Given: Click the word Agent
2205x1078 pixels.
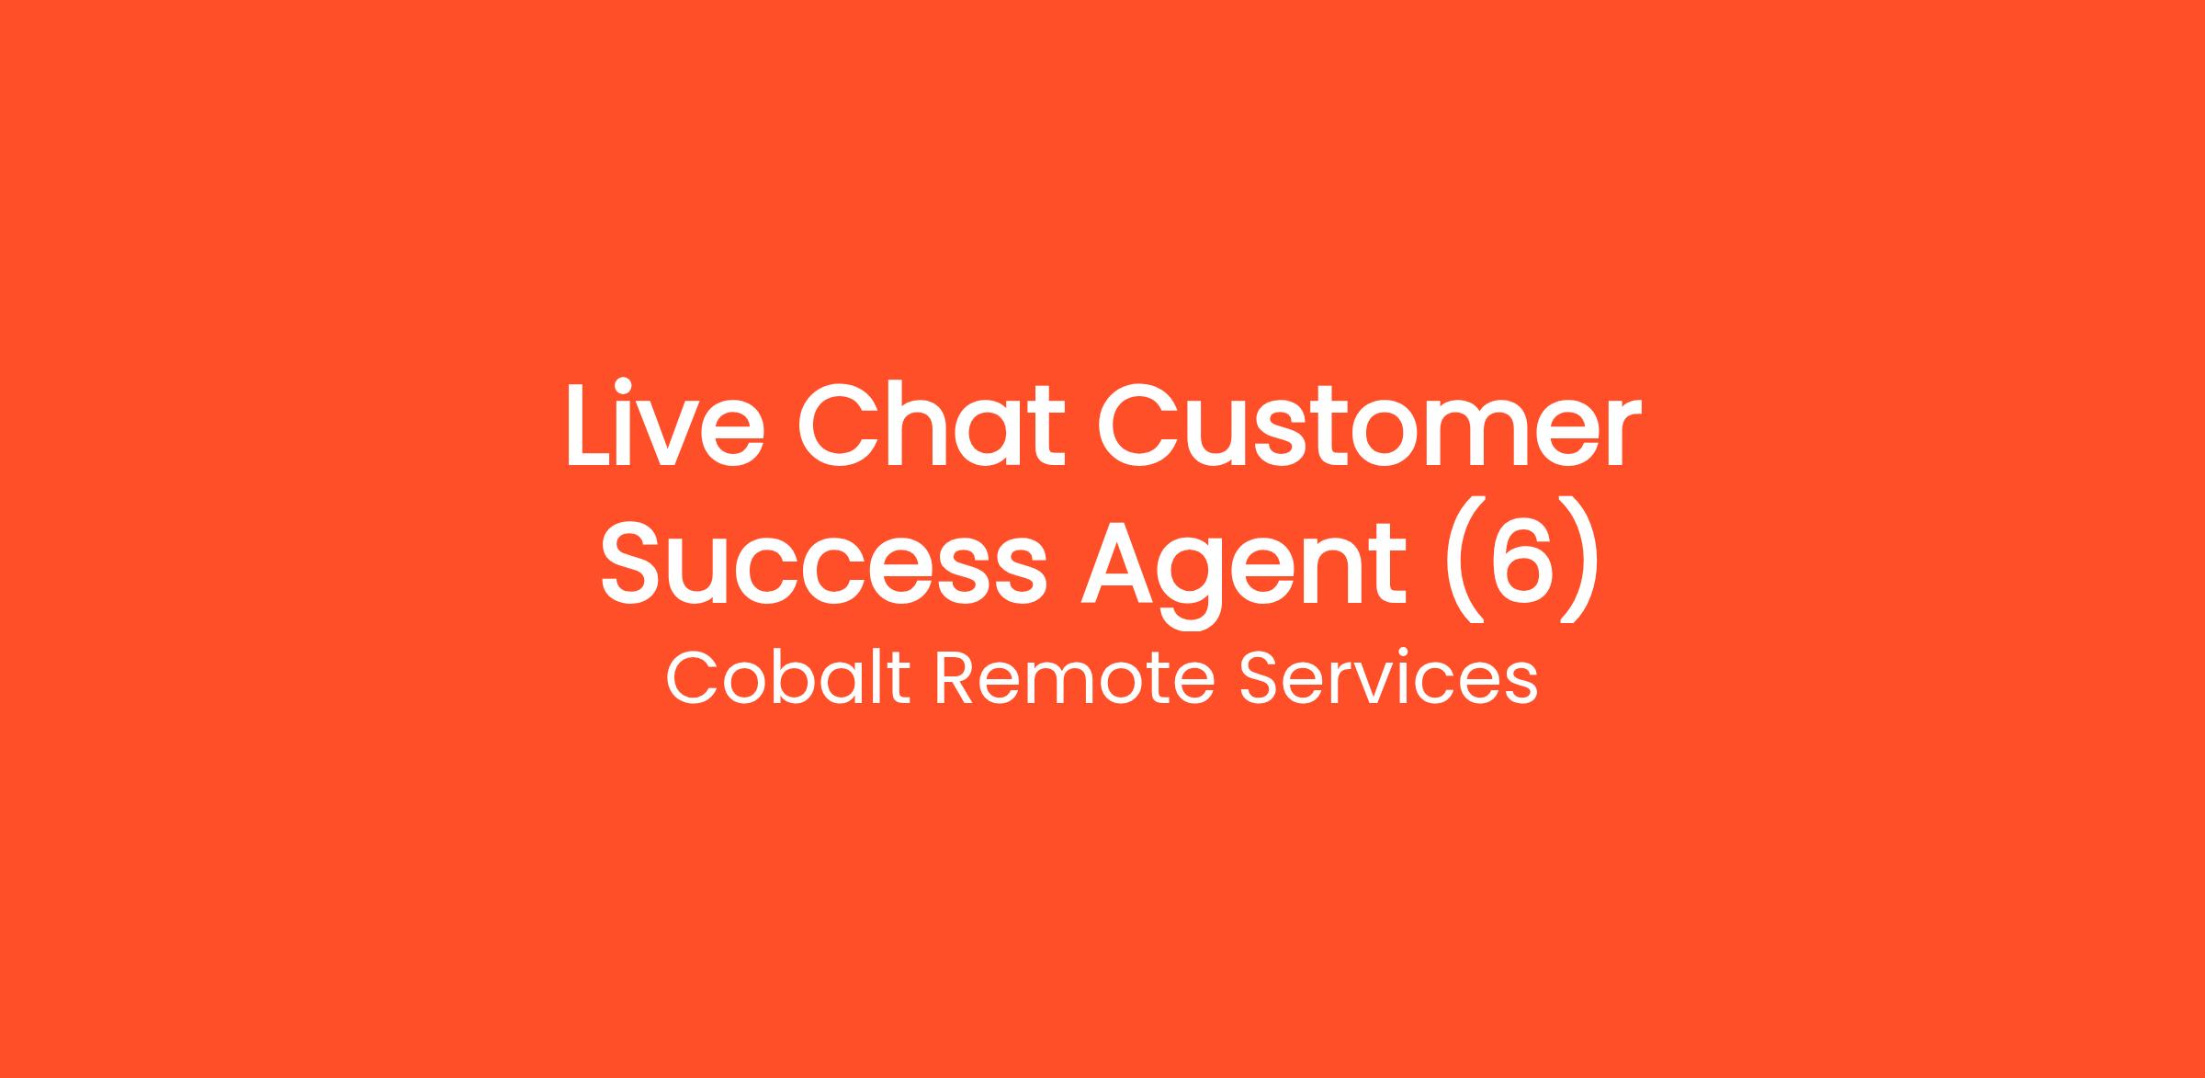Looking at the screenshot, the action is coord(1243,570).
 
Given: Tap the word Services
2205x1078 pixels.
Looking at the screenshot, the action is coord(1388,679).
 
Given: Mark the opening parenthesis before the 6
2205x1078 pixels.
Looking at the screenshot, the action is coord(1458,561).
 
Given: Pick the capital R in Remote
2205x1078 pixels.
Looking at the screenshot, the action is coord(956,679).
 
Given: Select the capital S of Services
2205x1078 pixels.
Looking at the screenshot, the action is coord(1259,679).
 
